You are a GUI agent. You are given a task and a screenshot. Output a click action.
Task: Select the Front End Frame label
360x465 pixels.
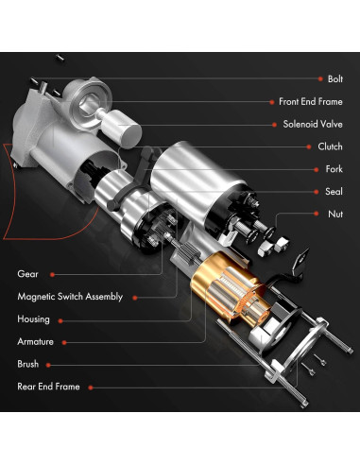pyautogui.click(x=310, y=101)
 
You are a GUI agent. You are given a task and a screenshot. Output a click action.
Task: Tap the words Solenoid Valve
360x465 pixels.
pyautogui.click(x=312, y=124)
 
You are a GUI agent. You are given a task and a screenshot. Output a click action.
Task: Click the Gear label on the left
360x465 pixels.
pyautogui.click(x=27, y=274)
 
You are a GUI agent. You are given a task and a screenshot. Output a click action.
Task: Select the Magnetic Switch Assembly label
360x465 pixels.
pyautogui.click(x=70, y=297)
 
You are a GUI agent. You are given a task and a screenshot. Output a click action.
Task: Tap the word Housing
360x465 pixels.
pyautogui.click(x=33, y=319)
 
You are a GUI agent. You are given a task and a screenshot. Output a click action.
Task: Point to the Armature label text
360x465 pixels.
pyautogui.click(x=35, y=341)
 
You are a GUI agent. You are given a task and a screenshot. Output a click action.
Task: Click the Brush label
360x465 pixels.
pyautogui.click(x=27, y=364)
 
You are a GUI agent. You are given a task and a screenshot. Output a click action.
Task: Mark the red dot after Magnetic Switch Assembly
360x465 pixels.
pyautogui.click(x=134, y=297)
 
